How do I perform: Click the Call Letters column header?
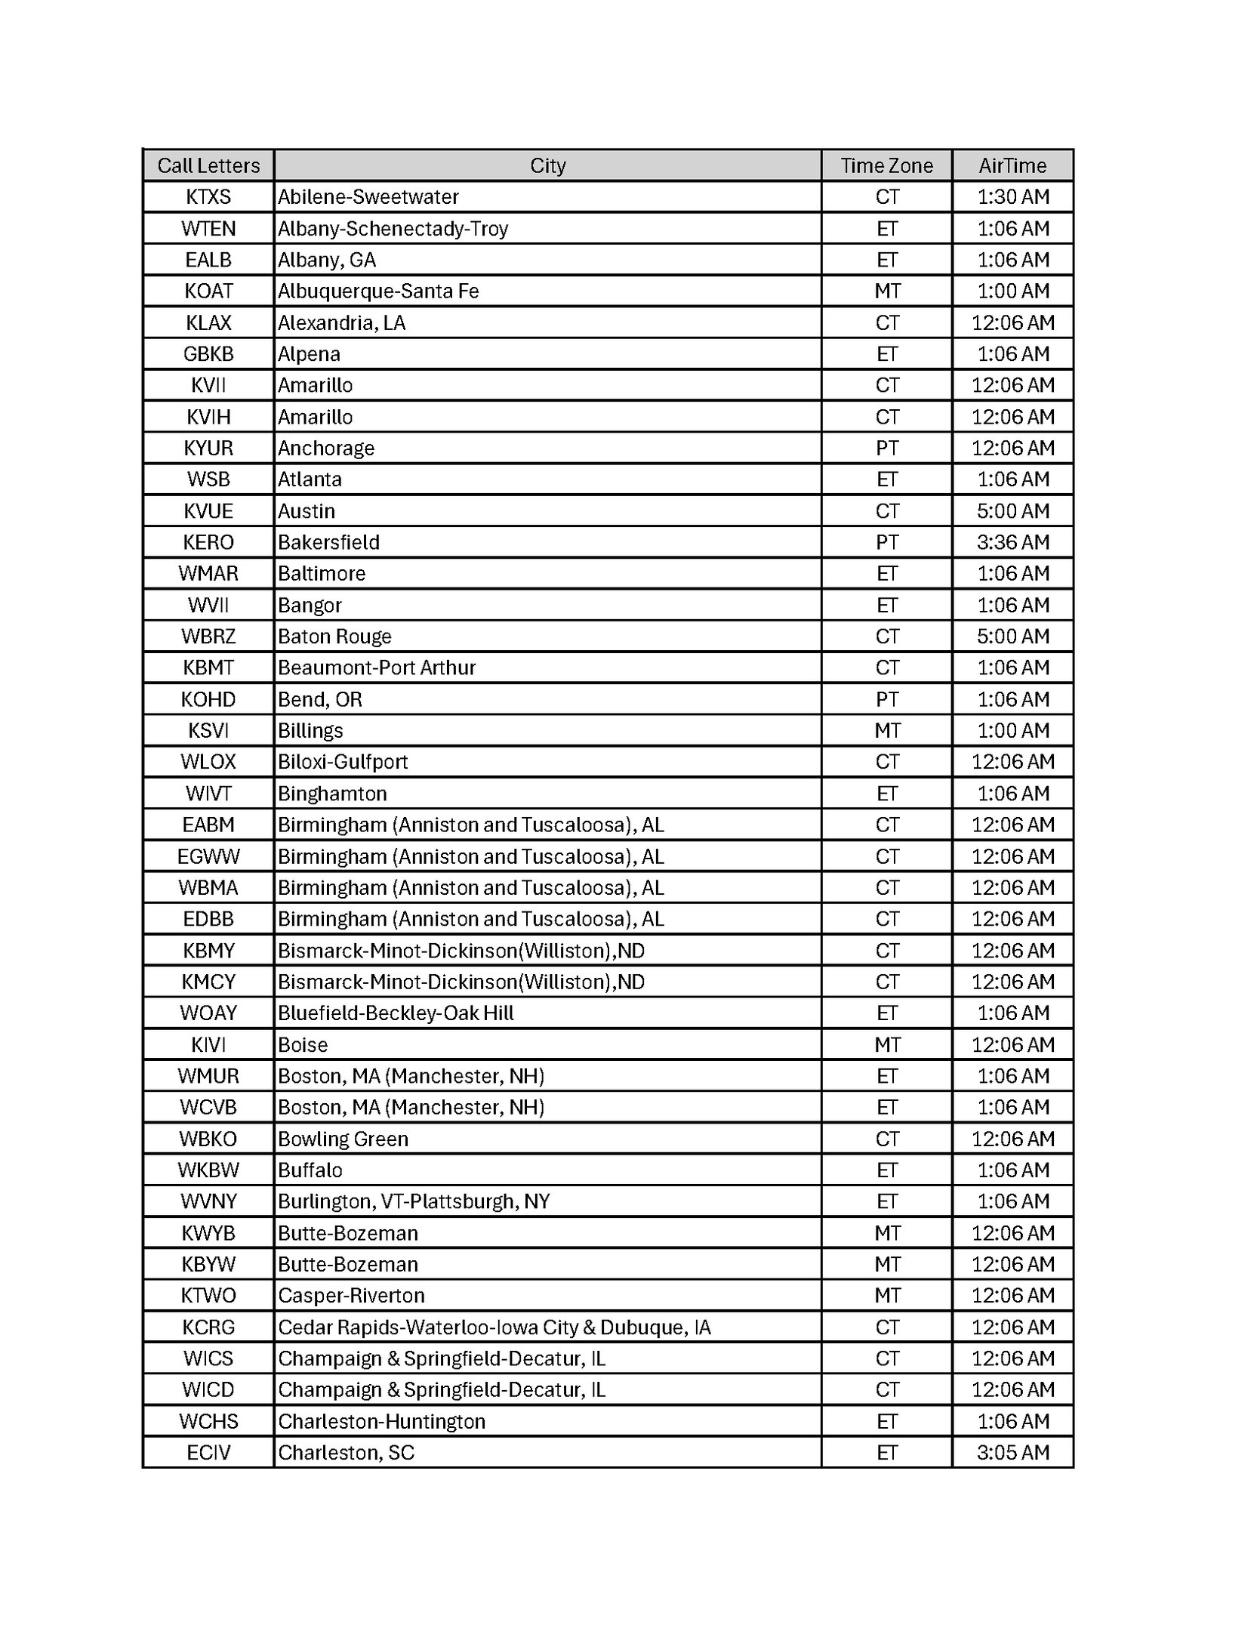pos(208,165)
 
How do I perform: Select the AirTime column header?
pos(1012,165)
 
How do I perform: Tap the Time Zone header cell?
pos(886,165)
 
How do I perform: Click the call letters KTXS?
pos(208,197)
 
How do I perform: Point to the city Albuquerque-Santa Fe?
pos(378,291)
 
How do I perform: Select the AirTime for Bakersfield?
pos(1012,542)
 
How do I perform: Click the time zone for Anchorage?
pos(886,449)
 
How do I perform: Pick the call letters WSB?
pos(208,479)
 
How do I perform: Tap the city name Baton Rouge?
pos(334,637)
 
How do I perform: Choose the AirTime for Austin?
pos(1012,511)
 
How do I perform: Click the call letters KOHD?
pos(208,699)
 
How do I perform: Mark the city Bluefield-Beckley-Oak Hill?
pos(396,1013)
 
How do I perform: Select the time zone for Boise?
pos(886,1045)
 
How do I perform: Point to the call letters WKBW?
pos(208,1170)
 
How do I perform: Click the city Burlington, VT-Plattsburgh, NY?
pos(414,1201)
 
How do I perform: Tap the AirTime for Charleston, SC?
pos(1012,1453)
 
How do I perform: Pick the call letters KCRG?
pos(208,1327)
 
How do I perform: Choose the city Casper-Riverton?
pos(351,1296)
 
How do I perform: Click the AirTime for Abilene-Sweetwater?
pos(1012,197)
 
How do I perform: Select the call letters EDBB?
pos(208,919)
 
